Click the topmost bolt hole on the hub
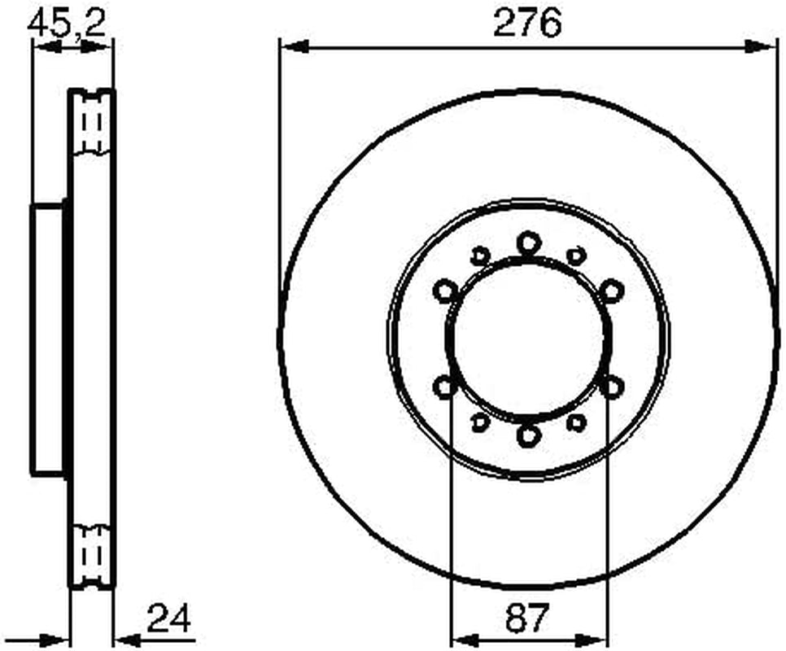tap(528, 243)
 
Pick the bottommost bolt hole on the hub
tap(528, 435)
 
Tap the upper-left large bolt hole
tap(445, 291)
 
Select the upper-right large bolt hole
tap(612, 291)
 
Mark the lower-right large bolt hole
tap(612, 387)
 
